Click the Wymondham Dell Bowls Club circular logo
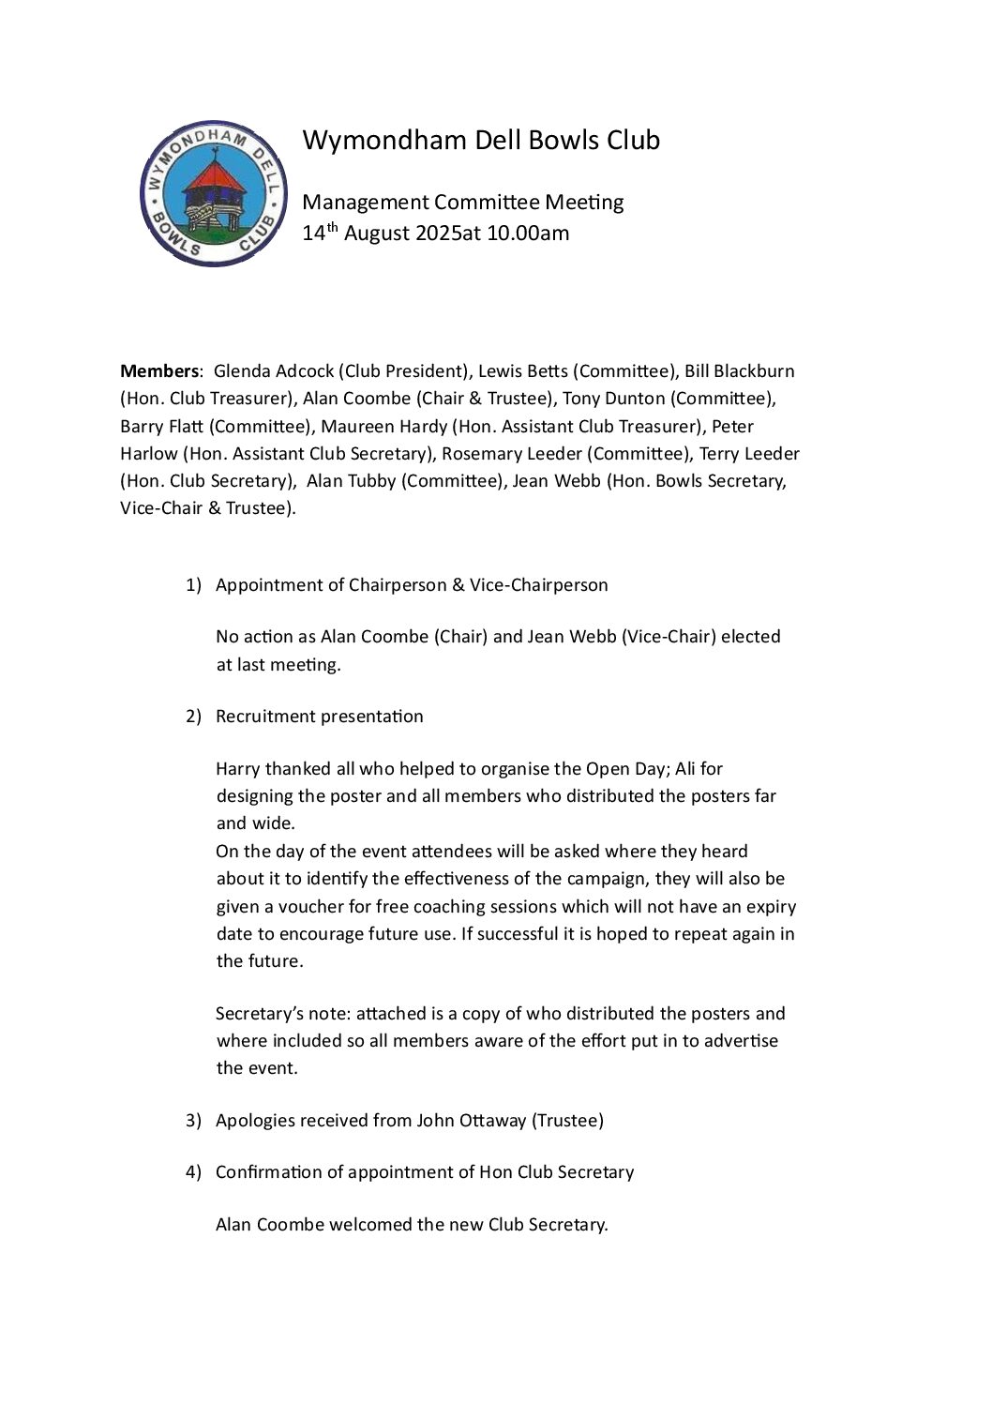214,192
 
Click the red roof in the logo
214,174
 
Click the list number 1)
193,585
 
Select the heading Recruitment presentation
320,717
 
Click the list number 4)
193,1172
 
